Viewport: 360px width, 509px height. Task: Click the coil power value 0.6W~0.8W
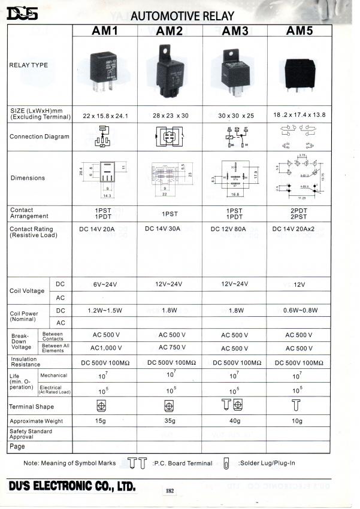click(x=299, y=310)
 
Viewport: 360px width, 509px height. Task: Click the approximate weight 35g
click(x=170, y=421)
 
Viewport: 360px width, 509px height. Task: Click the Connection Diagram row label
click(x=35, y=137)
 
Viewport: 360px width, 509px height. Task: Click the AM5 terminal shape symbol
click(x=295, y=405)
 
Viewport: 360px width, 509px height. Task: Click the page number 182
click(x=170, y=491)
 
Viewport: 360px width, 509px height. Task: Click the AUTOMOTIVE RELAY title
click(x=182, y=16)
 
